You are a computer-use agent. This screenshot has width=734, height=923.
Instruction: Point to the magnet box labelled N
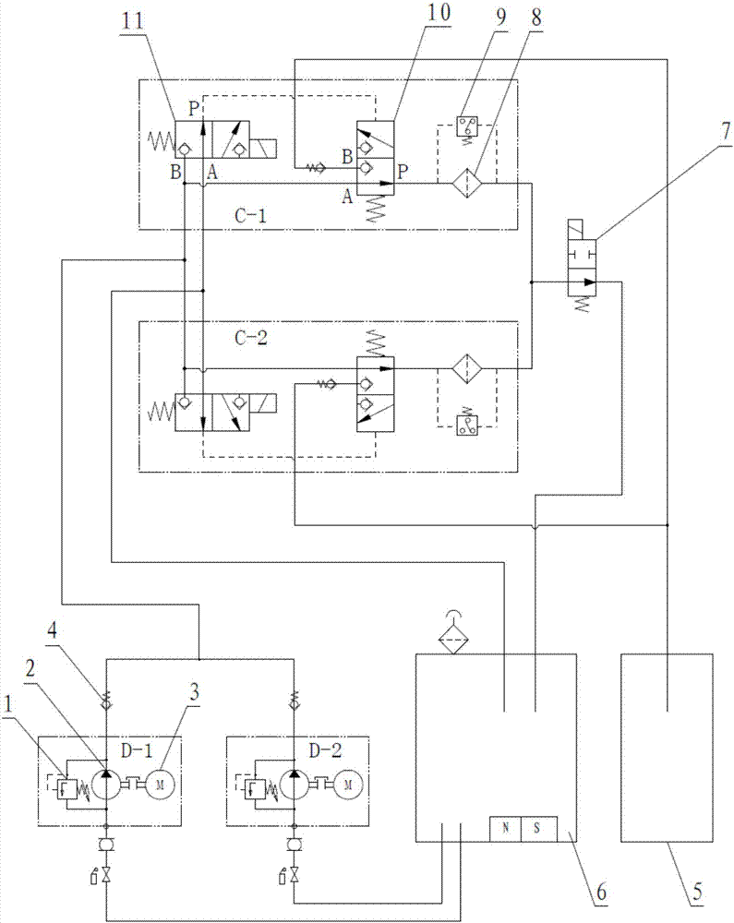pos(506,827)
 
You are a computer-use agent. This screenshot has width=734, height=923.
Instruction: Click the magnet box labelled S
pos(536,827)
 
